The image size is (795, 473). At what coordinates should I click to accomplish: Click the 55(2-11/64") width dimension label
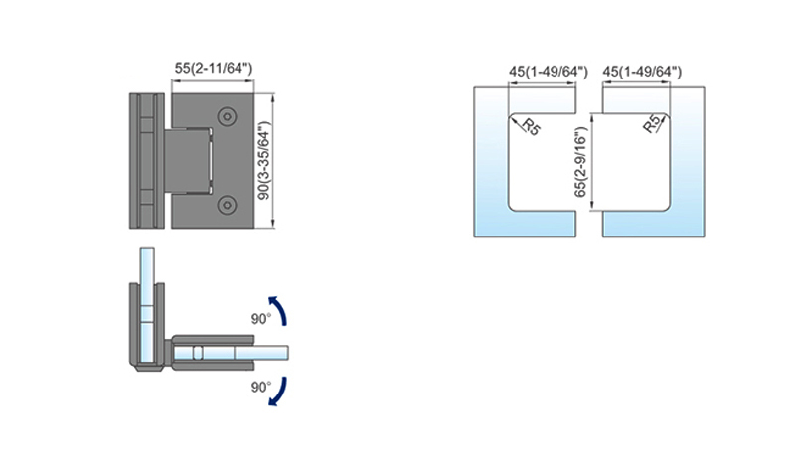214,68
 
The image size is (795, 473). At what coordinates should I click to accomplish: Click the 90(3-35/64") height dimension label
264,161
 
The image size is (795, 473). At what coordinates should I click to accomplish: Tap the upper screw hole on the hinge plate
227,116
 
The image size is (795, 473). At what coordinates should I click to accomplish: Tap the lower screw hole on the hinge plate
227,205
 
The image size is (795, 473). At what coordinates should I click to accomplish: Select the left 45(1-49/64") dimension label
549,72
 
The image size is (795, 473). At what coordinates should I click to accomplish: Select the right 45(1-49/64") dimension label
642,72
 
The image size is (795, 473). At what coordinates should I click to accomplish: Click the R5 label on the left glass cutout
531,127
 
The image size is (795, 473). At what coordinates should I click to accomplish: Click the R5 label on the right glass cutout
652,123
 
